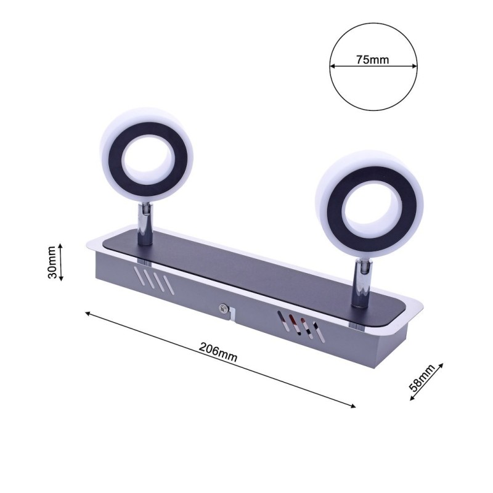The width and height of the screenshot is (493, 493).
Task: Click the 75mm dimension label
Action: (373, 60)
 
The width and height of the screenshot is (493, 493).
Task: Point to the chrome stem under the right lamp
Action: (360, 283)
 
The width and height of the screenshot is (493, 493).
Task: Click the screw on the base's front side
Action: (223, 310)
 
